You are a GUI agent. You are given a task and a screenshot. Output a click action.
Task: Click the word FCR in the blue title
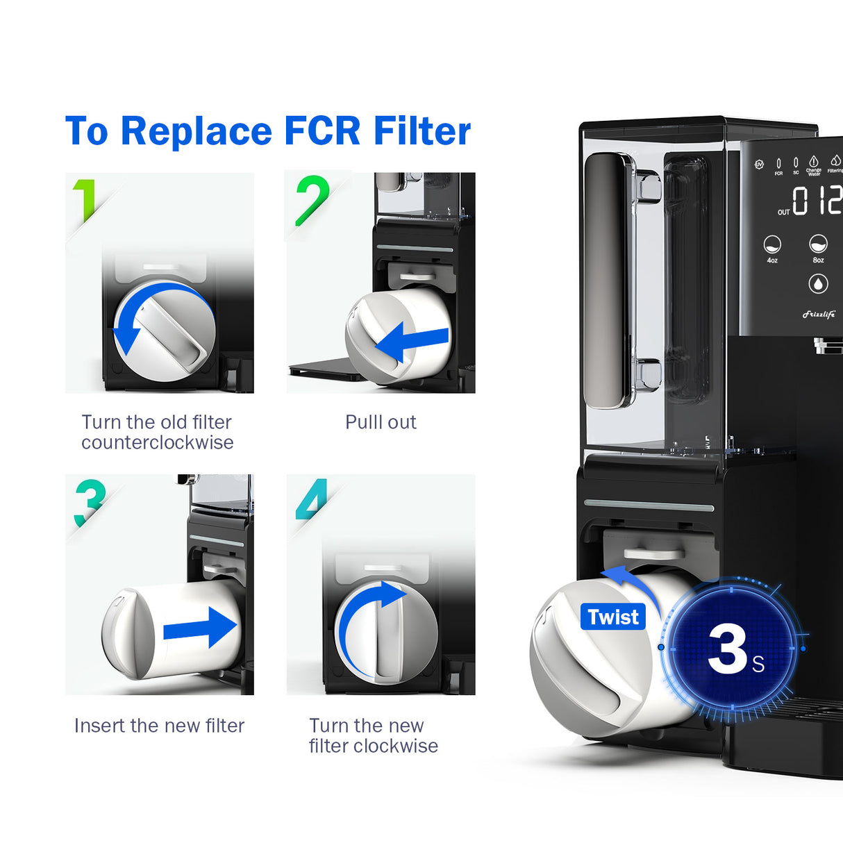[x=322, y=131]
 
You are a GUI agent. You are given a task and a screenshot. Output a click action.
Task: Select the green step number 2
[x=312, y=200]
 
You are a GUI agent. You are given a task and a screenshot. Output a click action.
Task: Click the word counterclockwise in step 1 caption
[x=158, y=443]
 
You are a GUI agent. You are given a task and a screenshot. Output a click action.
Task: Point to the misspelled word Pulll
[x=362, y=422]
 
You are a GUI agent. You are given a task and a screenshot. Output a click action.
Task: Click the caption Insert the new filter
[x=159, y=726]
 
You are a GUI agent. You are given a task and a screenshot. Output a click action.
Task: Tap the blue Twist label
[x=612, y=617]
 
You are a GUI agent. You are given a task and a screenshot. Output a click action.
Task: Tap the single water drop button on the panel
[x=818, y=284]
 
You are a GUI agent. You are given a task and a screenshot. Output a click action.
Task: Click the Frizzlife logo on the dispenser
[x=819, y=315]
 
